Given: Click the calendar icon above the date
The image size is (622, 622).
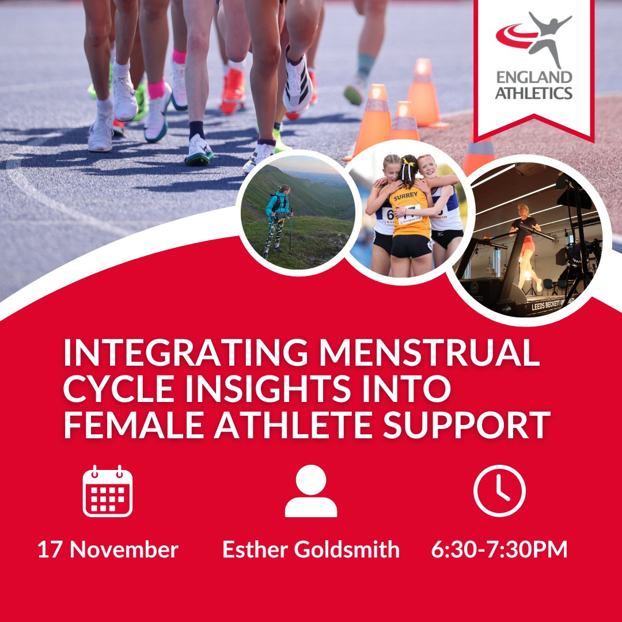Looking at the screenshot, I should click(x=108, y=491).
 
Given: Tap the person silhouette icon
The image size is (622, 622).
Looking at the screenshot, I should click(x=311, y=491).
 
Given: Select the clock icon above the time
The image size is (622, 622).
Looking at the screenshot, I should click(x=499, y=491).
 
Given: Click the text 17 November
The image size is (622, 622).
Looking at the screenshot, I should click(x=108, y=549).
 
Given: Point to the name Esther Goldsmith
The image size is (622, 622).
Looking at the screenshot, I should click(x=311, y=549).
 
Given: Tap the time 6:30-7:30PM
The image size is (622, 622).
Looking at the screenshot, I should click(x=499, y=549).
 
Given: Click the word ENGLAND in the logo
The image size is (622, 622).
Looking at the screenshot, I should click(x=534, y=78).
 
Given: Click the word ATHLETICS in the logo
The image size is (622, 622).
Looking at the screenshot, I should click(x=534, y=92).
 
